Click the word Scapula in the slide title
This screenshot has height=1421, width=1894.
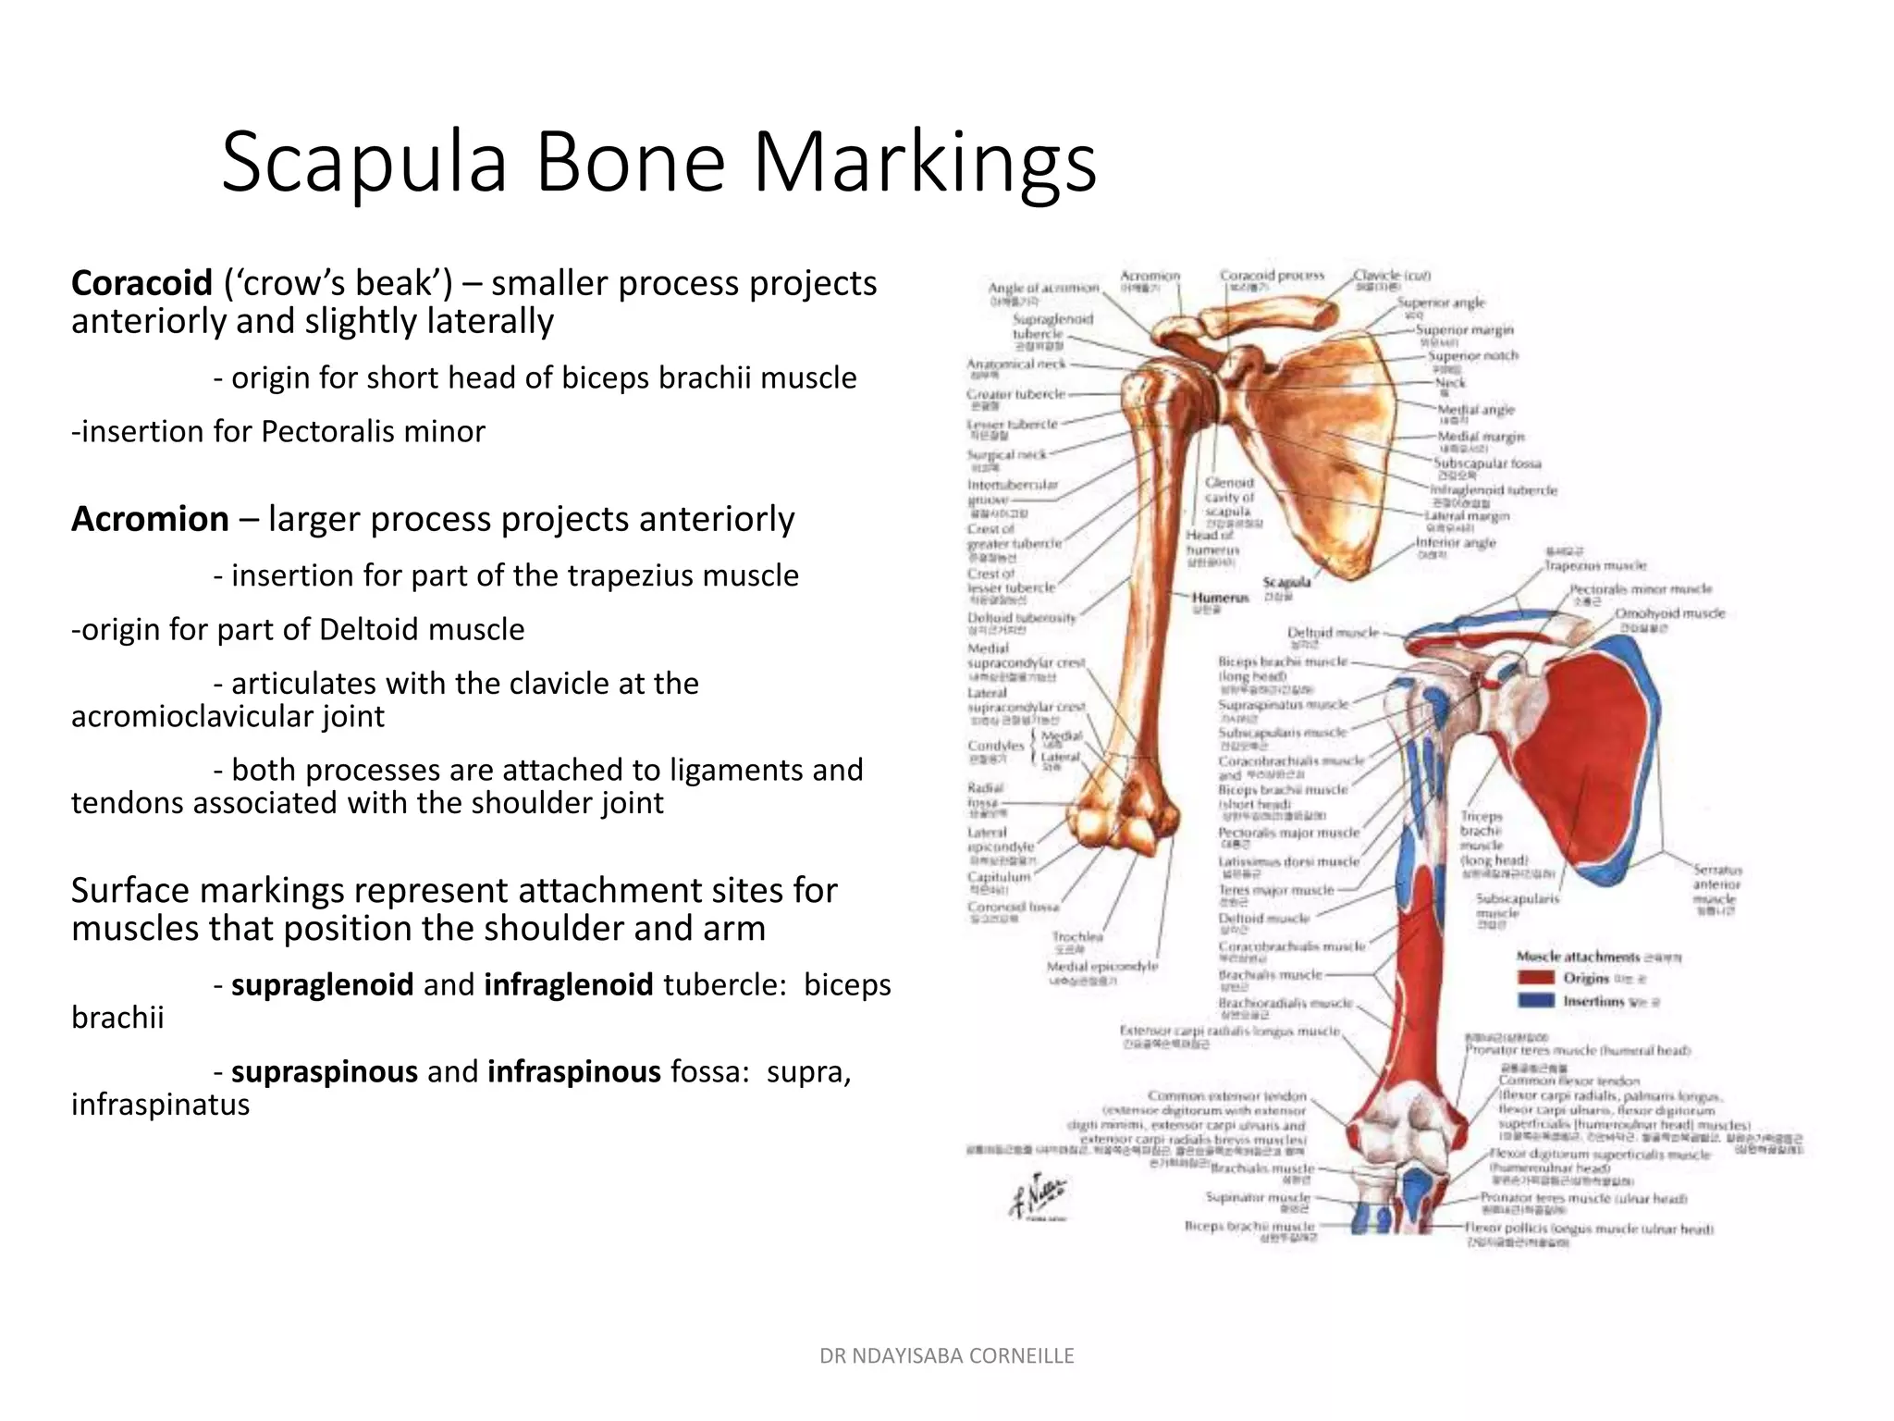click(364, 163)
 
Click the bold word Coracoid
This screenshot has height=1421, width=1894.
click(141, 283)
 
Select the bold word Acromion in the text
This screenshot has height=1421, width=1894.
click(150, 519)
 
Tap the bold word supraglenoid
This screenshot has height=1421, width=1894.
click(322, 984)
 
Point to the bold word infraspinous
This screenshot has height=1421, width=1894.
click(573, 1071)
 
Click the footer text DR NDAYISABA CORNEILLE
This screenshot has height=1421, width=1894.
click(946, 1356)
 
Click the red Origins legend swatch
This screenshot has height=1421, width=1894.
click(1535, 978)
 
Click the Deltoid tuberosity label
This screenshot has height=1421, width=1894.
click(1021, 618)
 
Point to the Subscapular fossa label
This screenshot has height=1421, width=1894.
click(1486, 463)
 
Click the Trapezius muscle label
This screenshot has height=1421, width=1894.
click(1595, 565)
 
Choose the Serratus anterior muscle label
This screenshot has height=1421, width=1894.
click(1717, 884)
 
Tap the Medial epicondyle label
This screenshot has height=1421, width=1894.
click(1101, 966)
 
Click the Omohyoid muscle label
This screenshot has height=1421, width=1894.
click(1669, 613)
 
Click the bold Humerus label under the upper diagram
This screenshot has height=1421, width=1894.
click(1220, 598)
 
